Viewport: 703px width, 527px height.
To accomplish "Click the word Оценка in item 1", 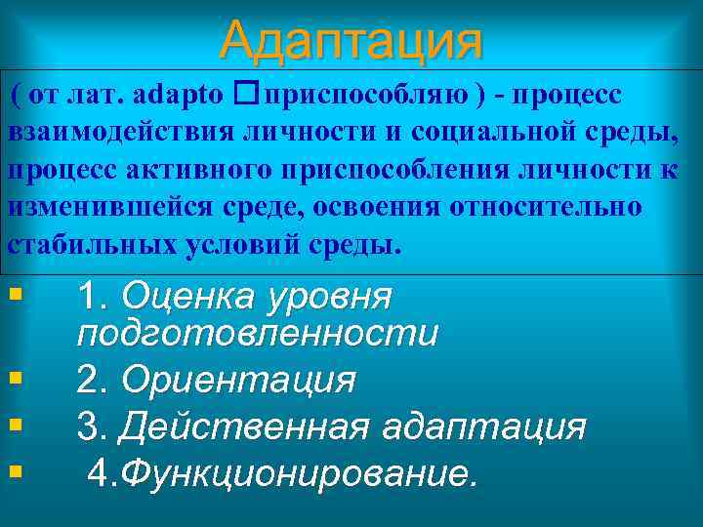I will [x=186, y=296].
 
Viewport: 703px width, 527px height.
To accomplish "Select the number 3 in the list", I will [x=90, y=426].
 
